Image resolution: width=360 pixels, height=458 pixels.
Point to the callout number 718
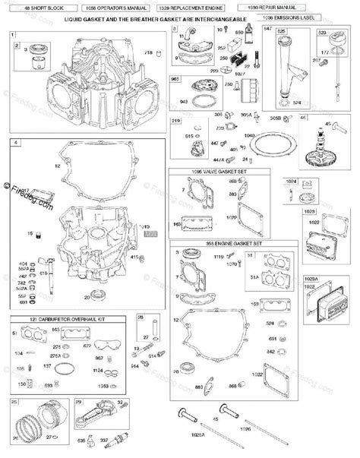[150, 52]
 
